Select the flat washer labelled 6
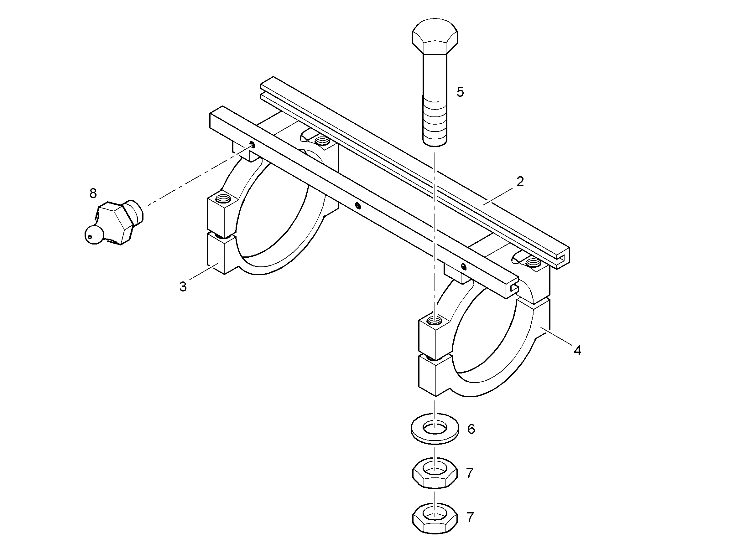click(435, 429)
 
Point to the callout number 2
click(520, 182)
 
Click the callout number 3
click(183, 286)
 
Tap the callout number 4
click(577, 351)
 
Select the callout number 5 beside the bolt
click(460, 92)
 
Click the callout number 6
click(471, 429)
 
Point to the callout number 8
click(93, 193)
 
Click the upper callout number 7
click(470, 473)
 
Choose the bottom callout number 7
click(470, 518)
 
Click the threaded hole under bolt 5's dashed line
click(435, 321)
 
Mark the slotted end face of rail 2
click(559, 257)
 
